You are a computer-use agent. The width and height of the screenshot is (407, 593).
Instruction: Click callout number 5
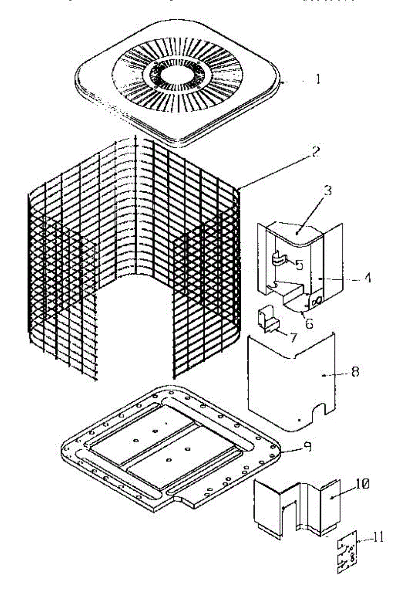point(299,264)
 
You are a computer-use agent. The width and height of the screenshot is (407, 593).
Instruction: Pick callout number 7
point(293,338)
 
